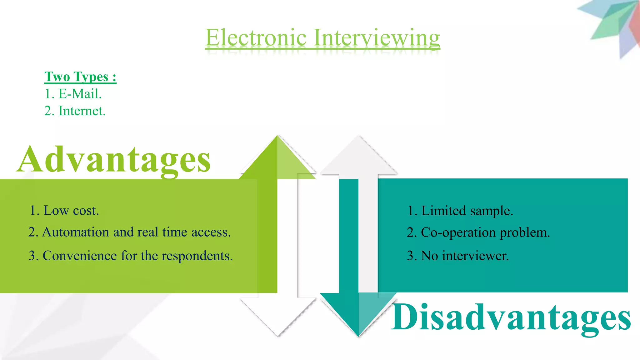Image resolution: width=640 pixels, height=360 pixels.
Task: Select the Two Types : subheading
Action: coord(80,77)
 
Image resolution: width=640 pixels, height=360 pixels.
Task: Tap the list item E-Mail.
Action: coord(80,94)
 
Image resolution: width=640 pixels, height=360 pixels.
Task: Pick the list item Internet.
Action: coord(82,111)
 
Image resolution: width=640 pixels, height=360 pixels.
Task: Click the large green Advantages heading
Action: coord(114,160)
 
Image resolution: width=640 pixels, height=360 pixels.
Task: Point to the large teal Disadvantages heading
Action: coord(511,317)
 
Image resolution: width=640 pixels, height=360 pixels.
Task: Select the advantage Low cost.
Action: coord(71,211)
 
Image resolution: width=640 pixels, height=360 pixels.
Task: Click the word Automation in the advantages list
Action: coord(76,232)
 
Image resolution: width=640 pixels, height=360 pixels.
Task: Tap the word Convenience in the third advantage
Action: coord(80,256)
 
